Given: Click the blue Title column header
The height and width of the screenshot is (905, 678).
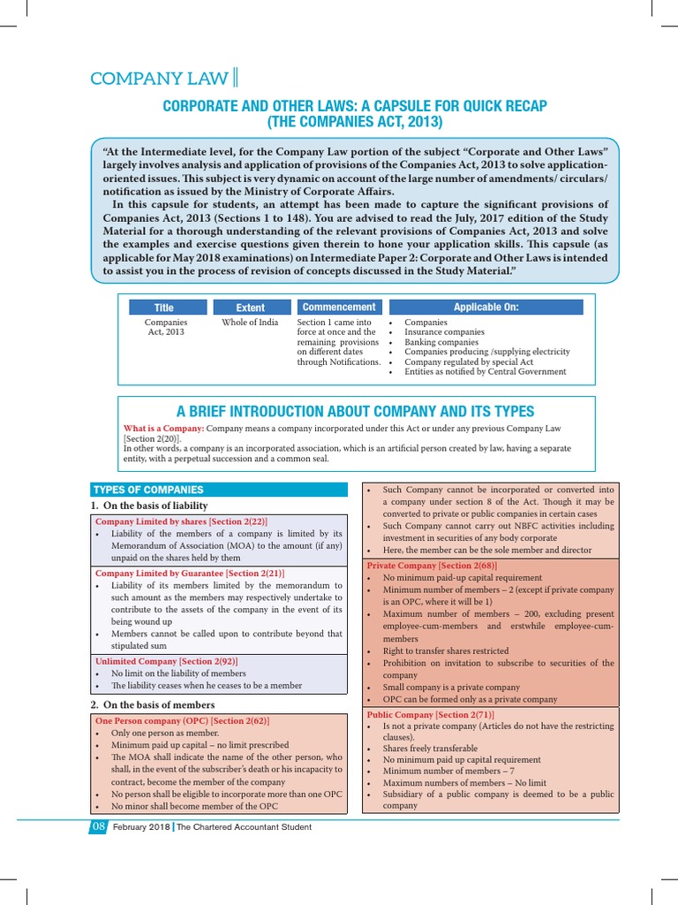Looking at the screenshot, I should pyautogui.click(x=165, y=308).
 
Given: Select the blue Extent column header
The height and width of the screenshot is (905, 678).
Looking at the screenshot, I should pyautogui.click(x=250, y=308).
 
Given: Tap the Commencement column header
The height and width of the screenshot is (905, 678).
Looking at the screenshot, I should pyautogui.click(x=339, y=307).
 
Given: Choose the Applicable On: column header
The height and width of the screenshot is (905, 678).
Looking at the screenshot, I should pyautogui.click(x=486, y=307).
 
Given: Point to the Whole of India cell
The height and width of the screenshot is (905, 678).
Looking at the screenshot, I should pyautogui.click(x=250, y=323).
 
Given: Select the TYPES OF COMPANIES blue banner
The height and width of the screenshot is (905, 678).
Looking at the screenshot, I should pyautogui.click(x=148, y=490).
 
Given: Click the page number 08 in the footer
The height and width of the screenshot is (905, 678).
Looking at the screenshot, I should pyautogui.click(x=97, y=827).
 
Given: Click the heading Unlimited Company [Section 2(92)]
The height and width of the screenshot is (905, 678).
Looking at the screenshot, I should pyautogui.click(x=166, y=661).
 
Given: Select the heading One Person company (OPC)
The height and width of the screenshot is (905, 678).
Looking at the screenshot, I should pyautogui.click(x=182, y=721).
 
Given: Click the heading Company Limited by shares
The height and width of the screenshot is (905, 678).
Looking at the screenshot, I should pyautogui.click(x=181, y=521).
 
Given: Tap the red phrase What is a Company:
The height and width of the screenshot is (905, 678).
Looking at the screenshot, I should pyautogui.click(x=163, y=428).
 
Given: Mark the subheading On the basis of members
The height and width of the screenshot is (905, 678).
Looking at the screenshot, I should pyautogui.click(x=159, y=704).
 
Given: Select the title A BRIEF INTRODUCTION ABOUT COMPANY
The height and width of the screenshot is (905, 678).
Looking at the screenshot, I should pyautogui.click(x=355, y=411).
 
